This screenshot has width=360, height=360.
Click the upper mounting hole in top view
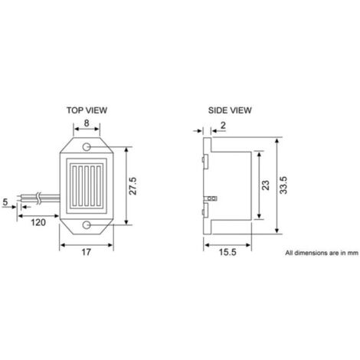tap(89, 146)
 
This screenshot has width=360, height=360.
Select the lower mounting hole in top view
tap(89, 224)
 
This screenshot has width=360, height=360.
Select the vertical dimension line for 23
tap(258, 185)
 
